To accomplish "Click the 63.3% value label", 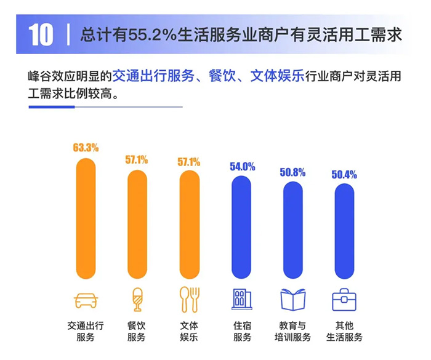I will [86, 148].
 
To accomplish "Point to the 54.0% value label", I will [241, 167].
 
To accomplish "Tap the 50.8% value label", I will [292, 172].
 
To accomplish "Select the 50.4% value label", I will [344, 174].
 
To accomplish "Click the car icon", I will [86, 300].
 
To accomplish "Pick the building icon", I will [241, 299].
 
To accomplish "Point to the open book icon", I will [293, 299].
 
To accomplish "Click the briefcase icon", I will [345, 300].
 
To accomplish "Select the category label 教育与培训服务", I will [293, 331].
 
